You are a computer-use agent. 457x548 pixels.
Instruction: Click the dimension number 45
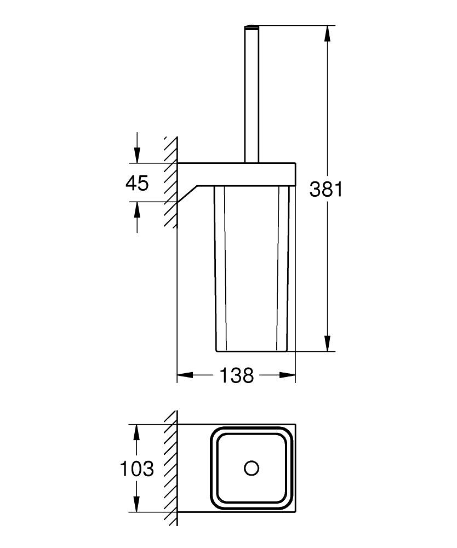(x=136, y=183)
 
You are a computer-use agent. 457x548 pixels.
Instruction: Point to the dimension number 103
(x=137, y=469)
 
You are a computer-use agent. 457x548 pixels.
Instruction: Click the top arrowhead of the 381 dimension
(x=327, y=33)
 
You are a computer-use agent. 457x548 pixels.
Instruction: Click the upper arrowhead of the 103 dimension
(x=136, y=432)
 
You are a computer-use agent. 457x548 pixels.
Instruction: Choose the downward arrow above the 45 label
(x=136, y=154)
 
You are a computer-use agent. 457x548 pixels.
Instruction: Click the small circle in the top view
(x=251, y=468)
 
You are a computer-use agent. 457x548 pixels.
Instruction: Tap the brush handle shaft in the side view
(x=251, y=99)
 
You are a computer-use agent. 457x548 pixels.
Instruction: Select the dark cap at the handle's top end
(x=251, y=26)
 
